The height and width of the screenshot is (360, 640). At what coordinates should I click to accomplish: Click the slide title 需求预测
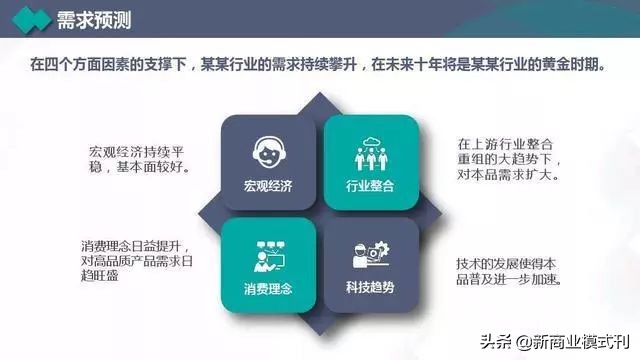95,20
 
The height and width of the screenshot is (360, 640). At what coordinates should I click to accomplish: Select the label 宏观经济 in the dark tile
265,187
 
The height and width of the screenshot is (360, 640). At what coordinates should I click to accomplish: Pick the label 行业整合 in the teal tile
370,187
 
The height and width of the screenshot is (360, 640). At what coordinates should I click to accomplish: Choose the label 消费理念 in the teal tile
265,289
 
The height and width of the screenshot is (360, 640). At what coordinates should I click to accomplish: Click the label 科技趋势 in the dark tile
370,289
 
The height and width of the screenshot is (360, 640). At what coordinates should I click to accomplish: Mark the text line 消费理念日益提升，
135,246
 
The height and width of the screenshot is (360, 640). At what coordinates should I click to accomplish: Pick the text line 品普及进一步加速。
510,279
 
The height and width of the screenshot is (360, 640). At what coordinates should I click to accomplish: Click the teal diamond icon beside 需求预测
31,20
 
